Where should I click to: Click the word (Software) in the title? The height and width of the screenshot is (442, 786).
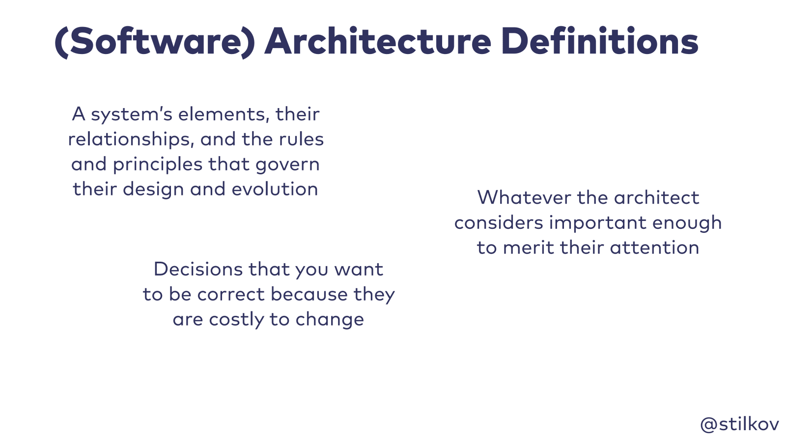[155, 42]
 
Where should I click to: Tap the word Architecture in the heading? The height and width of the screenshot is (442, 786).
[378, 41]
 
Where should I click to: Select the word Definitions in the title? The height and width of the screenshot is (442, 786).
[600, 41]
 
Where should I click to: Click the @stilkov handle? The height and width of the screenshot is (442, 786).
[739, 424]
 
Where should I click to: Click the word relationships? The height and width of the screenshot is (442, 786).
[131, 139]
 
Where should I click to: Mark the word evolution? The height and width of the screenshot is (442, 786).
[275, 189]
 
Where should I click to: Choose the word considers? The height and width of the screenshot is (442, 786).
[499, 223]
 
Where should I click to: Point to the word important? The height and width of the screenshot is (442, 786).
[598, 223]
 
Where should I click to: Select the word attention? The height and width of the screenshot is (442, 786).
[654, 248]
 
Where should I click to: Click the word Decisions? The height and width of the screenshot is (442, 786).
[198, 270]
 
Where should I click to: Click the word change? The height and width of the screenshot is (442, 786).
[330, 320]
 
